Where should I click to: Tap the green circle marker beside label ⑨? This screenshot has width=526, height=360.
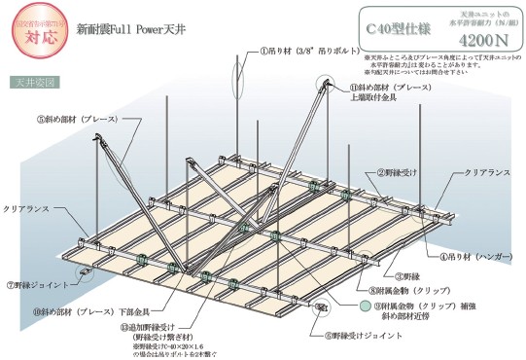coord(365,306)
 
